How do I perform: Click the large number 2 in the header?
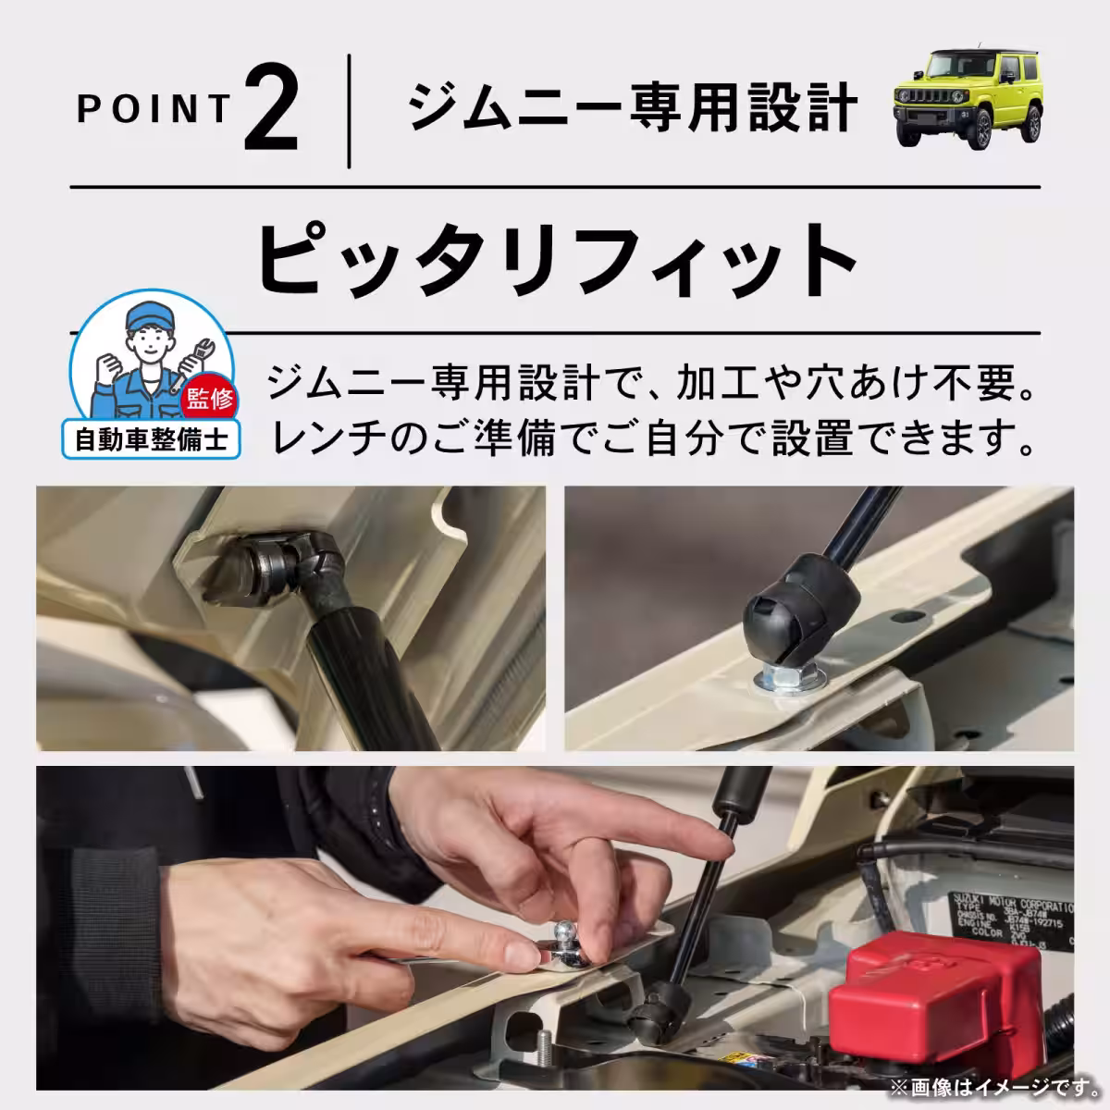(x=272, y=112)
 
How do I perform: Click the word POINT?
(x=154, y=109)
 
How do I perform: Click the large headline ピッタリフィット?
(x=555, y=255)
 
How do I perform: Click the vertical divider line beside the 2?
(x=349, y=112)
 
